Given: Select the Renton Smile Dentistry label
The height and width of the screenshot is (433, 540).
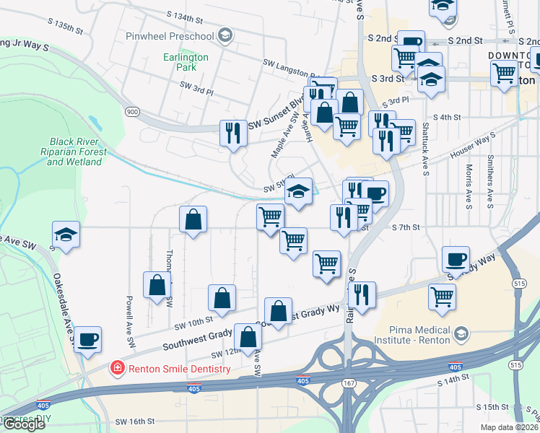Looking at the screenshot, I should coord(179,369).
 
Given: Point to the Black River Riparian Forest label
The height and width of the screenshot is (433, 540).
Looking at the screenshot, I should coord(77,152).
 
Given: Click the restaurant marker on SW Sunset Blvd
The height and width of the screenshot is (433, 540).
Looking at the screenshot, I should coord(232,133).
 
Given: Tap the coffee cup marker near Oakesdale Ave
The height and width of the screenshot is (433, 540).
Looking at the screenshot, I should coord(88,339).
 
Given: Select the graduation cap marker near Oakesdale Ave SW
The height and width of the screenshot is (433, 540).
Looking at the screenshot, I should coord(66,235).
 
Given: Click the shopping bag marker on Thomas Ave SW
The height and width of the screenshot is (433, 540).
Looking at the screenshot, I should coord(157,285).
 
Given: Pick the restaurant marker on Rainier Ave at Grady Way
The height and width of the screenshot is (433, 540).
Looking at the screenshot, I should coord(362,294).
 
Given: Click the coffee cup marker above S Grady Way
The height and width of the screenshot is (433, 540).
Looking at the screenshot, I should coord(456,259).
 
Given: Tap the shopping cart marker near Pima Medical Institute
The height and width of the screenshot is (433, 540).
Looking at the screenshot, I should coord(442,296).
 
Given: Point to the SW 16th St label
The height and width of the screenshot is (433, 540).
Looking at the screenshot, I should coord(135,421).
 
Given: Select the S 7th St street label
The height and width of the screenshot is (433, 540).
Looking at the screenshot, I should coord(406,227).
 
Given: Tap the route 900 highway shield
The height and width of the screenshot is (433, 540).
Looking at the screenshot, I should coord(131,111).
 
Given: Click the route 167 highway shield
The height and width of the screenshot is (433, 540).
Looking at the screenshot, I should coord(349,382).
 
